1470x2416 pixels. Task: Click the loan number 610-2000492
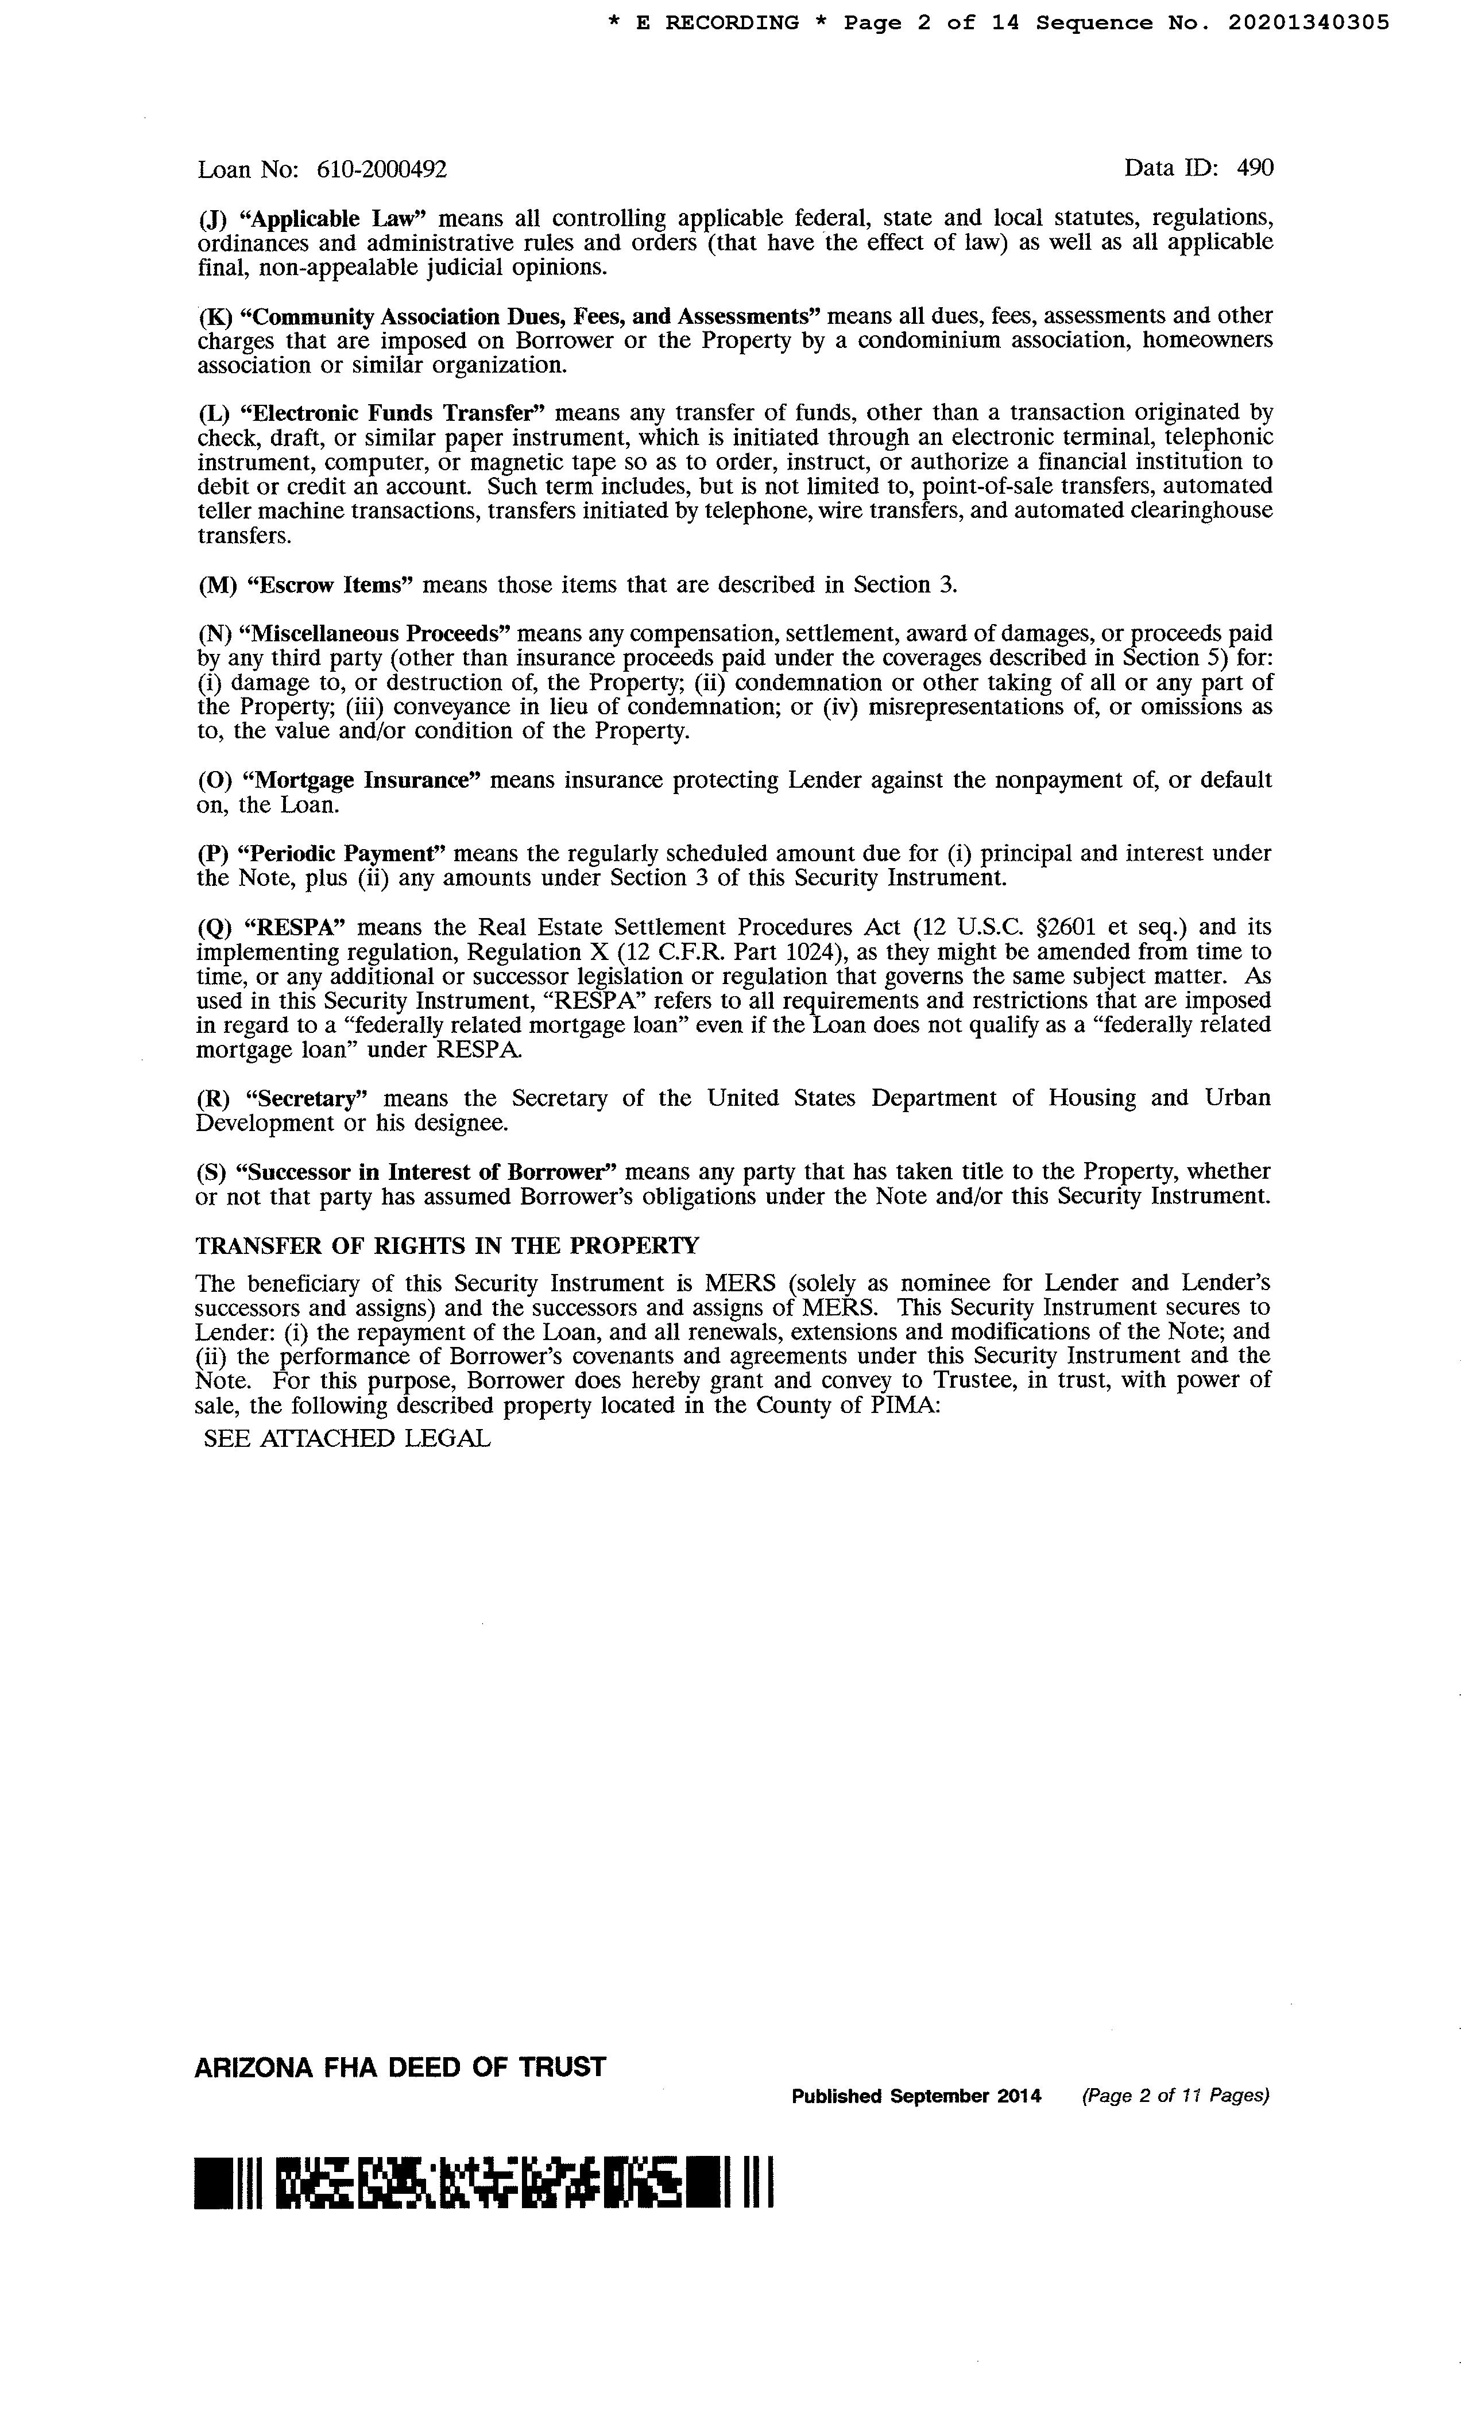[x=381, y=169]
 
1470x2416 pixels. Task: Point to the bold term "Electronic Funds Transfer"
[x=397, y=412]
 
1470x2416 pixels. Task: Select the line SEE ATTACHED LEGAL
[x=346, y=1438]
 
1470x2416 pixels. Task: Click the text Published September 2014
[x=916, y=2096]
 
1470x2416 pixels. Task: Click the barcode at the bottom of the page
[x=485, y=2183]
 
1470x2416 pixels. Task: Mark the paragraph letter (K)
[x=213, y=317]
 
